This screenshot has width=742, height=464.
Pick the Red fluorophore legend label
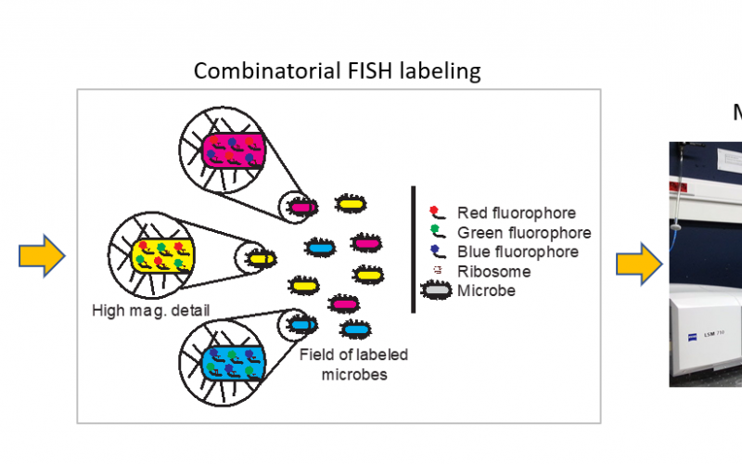517,213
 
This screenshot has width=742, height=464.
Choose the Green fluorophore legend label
524,233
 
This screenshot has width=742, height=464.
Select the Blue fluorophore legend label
518,251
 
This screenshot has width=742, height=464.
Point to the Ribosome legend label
494,272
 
